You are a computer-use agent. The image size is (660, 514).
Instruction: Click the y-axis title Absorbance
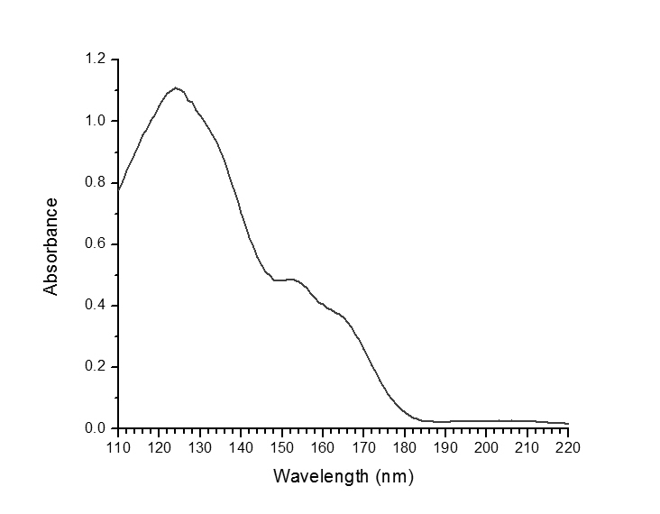51,246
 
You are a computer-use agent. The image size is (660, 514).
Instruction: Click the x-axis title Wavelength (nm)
344,475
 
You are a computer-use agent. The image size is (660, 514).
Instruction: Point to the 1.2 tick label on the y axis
96,60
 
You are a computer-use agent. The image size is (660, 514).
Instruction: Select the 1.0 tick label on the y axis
96,121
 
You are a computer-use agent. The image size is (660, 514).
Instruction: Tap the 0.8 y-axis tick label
96,182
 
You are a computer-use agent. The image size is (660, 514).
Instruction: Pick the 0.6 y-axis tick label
96,243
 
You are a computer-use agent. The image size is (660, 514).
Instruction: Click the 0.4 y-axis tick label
96,305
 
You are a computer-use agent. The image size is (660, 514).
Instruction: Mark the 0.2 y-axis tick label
96,366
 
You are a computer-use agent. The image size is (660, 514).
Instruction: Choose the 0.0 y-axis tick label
96,427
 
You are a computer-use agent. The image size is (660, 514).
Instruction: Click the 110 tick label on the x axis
117,445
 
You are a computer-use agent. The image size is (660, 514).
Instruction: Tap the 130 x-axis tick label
199,445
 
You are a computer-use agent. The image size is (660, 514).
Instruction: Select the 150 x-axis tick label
281,445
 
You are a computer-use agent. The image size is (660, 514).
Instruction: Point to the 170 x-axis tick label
363,445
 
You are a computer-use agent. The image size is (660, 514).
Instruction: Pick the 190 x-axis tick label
445,445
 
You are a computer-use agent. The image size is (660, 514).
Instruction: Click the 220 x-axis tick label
568,445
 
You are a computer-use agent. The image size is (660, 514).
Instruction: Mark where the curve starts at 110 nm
118,189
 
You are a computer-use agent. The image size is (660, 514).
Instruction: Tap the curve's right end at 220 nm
568,423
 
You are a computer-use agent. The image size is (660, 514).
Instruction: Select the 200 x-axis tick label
486,445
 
